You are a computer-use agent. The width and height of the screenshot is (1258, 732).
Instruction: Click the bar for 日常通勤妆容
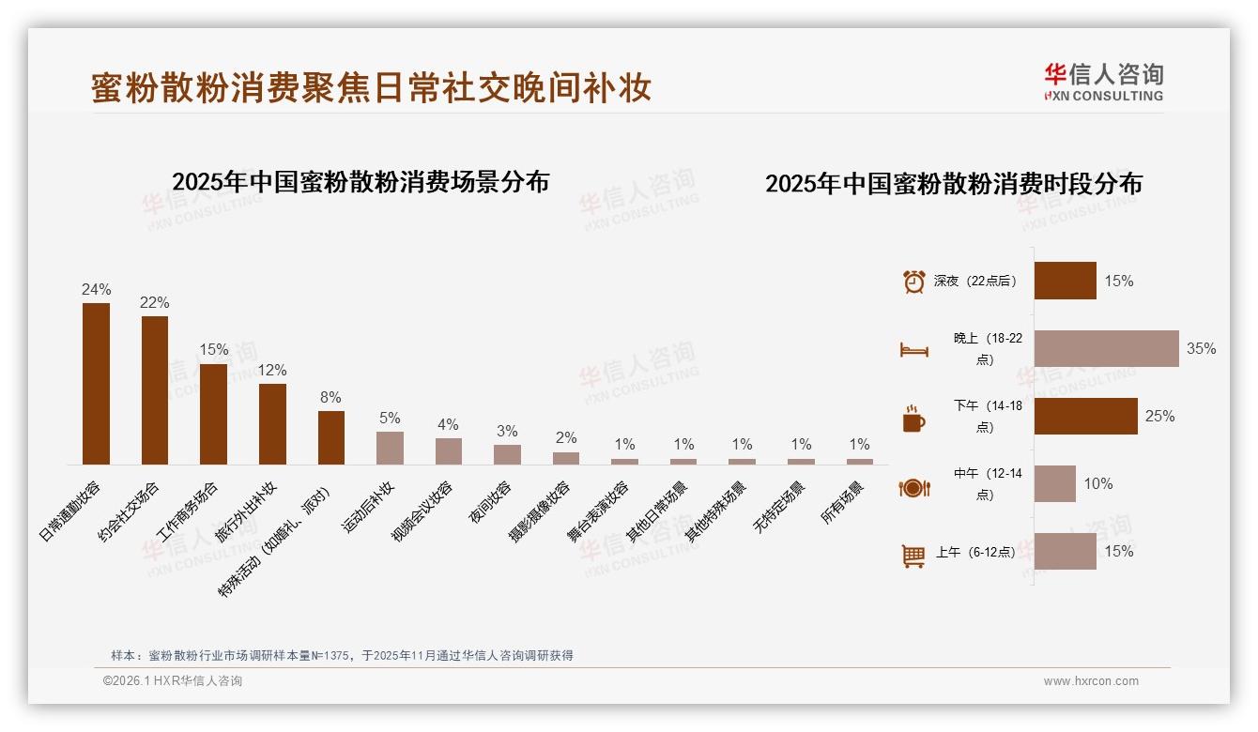[x=96, y=384]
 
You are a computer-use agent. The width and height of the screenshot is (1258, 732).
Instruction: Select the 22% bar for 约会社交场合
[x=155, y=390]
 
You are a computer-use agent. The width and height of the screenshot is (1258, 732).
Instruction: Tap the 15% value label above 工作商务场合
[x=213, y=349]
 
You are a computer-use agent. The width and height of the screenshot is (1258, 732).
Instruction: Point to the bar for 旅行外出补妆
[x=272, y=424]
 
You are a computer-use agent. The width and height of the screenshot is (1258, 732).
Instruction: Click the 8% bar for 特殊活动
[x=331, y=437]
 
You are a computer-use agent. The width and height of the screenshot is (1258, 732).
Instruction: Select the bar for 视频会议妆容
[x=449, y=451]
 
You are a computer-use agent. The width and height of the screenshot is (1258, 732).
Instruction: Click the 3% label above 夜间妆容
[x=507, y=431]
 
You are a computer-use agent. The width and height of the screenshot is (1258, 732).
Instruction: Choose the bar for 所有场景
[x=859, y=462]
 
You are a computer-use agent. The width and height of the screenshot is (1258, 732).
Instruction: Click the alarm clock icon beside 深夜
[x=913, y=281]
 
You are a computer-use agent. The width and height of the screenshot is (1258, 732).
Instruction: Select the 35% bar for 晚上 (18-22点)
[x=1106, y=348]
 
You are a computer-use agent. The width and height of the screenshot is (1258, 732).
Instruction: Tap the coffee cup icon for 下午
[x=913, y=418]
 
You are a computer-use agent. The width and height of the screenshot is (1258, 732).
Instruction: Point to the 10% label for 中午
[x=1097, y=483]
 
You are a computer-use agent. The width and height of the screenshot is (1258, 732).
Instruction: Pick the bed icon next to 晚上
[x=913, y=349]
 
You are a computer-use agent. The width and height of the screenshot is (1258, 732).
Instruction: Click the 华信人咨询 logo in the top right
[x=1104, y=82]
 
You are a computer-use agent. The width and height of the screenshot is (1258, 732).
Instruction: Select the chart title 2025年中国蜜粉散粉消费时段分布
[x=954, y=184]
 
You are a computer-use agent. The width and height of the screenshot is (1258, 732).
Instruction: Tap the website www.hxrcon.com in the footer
[x=1091, y=681]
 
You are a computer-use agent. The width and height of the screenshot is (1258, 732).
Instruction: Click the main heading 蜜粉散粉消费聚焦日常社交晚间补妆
[x=371, y=88]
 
